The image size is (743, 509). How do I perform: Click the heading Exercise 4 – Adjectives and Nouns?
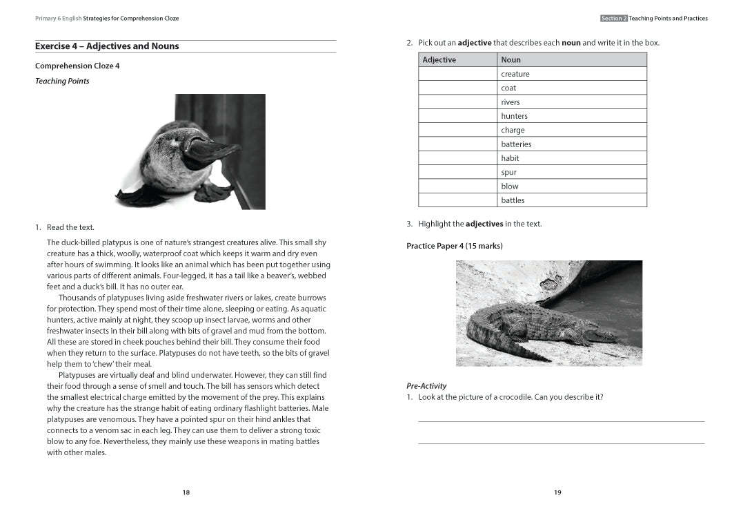[107, 46]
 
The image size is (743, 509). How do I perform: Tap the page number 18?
[186, 492]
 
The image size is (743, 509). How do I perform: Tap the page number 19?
[557, 492]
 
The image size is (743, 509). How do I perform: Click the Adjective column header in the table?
[439, 60]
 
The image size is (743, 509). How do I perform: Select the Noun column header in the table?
[511, 60]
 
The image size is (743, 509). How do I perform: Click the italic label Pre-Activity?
[426, 385]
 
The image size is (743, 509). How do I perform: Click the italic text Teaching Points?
[62, 81]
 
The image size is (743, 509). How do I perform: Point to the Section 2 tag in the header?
[613, 19]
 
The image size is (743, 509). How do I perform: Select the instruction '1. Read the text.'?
[65, 227]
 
